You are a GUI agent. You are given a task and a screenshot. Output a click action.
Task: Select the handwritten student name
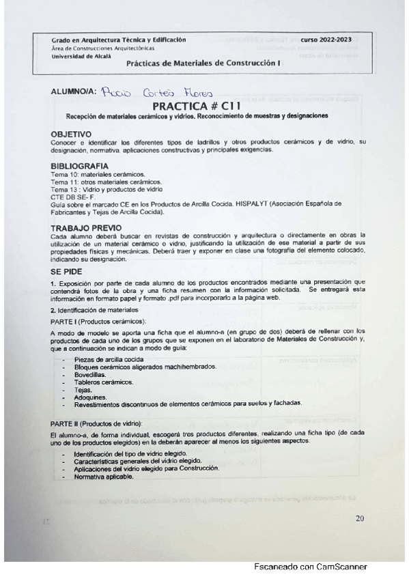(156, 93)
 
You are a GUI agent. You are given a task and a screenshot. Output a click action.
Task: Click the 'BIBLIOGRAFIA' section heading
(79, 166)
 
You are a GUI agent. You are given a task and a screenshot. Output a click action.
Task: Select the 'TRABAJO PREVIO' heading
(86, 227)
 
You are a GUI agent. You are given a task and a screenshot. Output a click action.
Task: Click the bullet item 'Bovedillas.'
(90, 375)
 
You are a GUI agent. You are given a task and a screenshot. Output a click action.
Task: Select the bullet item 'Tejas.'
(83, 390)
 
